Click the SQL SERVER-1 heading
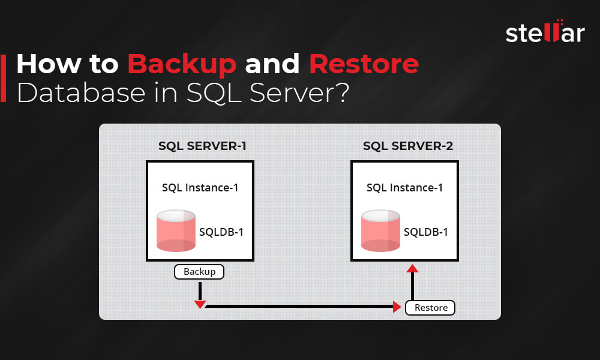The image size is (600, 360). (202, 146)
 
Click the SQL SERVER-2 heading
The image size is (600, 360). (407, 146)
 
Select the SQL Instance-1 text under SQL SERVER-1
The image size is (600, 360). (200, 187)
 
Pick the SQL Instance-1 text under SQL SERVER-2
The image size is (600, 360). (405, 187)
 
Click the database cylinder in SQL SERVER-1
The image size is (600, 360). (176, 230)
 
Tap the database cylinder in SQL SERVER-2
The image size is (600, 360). (380, 230)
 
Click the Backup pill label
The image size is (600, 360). (199, 272)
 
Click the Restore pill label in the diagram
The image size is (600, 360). (431, 308)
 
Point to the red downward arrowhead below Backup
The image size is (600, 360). (200, 304)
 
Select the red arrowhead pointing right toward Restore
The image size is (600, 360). (397, 308)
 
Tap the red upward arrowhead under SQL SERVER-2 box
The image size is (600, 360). (412, 268)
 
